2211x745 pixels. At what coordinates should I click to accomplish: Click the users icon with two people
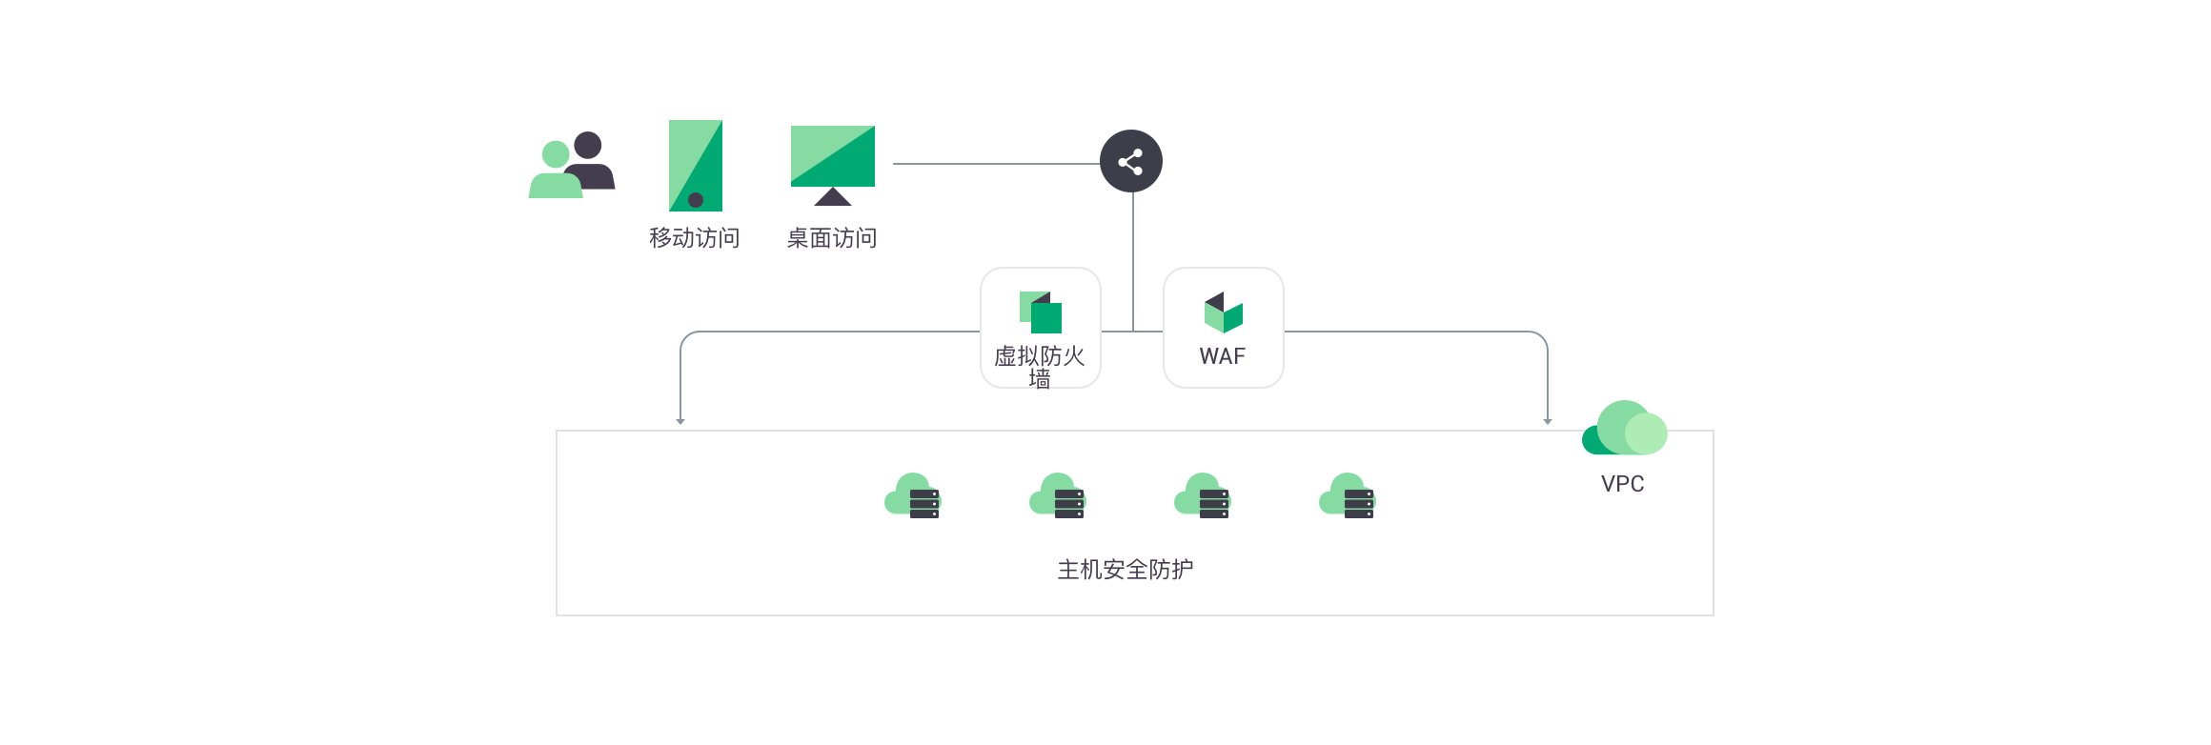572,165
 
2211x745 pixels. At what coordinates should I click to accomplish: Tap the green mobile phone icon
696,166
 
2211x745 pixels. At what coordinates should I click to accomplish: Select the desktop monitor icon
833,166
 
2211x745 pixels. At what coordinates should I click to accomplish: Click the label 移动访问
695,238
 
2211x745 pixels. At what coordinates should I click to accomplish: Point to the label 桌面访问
832,238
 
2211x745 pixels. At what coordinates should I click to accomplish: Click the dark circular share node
1131,161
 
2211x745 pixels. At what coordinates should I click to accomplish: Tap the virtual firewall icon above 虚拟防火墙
1041,312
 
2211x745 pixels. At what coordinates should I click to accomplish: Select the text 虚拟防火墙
1040,367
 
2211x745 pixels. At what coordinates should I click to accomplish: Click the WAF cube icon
1224,312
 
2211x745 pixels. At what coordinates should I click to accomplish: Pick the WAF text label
1223,356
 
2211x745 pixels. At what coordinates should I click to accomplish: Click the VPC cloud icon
1624,428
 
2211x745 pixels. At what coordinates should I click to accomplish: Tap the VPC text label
1623,484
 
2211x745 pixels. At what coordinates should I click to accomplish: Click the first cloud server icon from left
912,496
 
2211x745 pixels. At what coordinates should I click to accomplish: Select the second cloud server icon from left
1057,496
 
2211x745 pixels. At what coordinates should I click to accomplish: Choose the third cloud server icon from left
1202,496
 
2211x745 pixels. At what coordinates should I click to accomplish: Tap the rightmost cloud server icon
1347,496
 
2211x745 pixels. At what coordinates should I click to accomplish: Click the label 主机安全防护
1126,570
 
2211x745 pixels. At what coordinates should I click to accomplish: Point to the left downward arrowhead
680,421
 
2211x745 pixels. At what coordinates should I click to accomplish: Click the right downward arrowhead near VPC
1548,421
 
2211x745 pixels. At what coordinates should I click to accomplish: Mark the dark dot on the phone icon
696,200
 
